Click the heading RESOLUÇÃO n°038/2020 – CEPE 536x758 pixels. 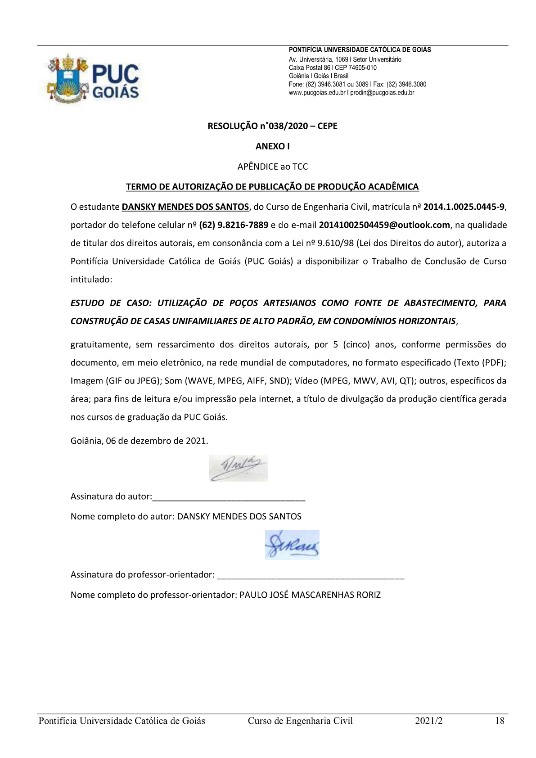click(x=272, y=126)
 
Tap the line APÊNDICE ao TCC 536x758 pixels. click(x=272, y=167)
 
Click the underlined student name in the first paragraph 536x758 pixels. click(x=185, y=207)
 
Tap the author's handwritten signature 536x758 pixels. click(x=239, y=468)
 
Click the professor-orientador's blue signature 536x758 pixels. click(x=292, y=545)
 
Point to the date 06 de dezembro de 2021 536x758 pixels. click(x=157, y=441)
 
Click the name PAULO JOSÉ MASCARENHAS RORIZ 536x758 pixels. click(x=310, y=595)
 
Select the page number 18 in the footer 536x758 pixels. click(x=499, y=721)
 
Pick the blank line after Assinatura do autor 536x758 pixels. click(x=229, y=497)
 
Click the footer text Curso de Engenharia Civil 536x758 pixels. click(x=300, y=721)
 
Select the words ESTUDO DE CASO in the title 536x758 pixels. click(x=104, y=303)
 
